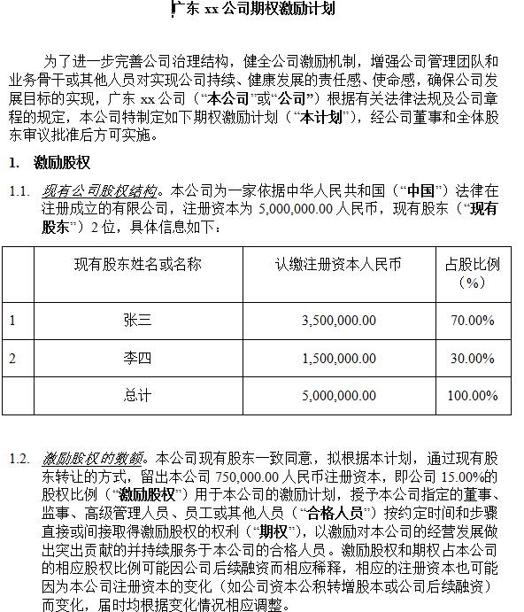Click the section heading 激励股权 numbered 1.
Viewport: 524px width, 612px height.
coord(61,163)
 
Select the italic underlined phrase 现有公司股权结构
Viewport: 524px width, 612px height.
coord(101,191)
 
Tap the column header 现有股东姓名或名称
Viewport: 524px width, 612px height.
coord(137,264)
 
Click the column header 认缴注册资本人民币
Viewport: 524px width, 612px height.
coord(338,264)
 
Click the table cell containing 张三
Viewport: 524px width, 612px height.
coord(137,320)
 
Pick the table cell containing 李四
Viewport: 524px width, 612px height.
coord(137,358)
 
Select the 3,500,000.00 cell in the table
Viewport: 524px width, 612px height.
coord(338,320)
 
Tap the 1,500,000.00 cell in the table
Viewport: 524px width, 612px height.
coord(338,358)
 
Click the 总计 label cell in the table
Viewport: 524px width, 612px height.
coord(137,395)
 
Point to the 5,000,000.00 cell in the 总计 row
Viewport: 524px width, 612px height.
coord(338,395)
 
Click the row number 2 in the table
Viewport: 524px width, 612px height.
coord(12,358)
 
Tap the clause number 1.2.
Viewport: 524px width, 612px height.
coord(19,459)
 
